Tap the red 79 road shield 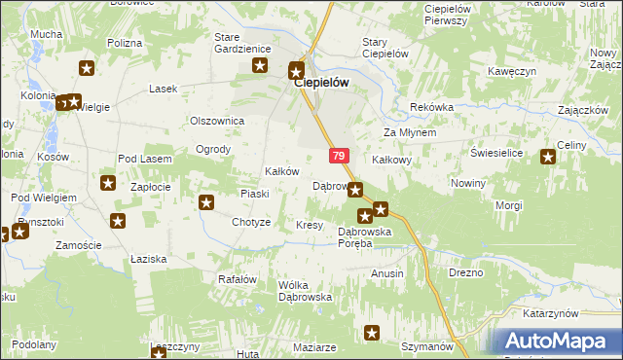click(338, 156)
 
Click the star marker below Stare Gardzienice click(260, 66)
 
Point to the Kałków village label click(281, 171)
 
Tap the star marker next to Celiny click(547, 156)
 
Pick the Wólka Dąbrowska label click(306, 292)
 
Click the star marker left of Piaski click(206, 202)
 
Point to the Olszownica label click(216, 121)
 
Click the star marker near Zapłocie click(108, 183)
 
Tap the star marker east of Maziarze click(372, 335)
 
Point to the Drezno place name click(466, 273)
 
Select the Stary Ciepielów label click(385, 48)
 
